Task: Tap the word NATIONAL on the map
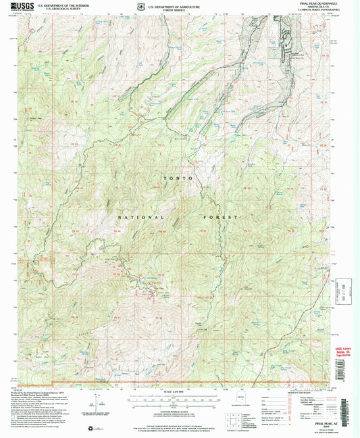141,218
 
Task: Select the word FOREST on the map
220,218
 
